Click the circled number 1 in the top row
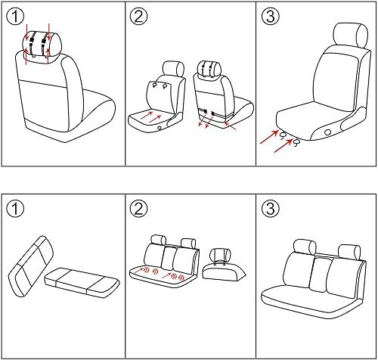coord(17,17)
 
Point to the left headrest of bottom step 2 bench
coord(158,241)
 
